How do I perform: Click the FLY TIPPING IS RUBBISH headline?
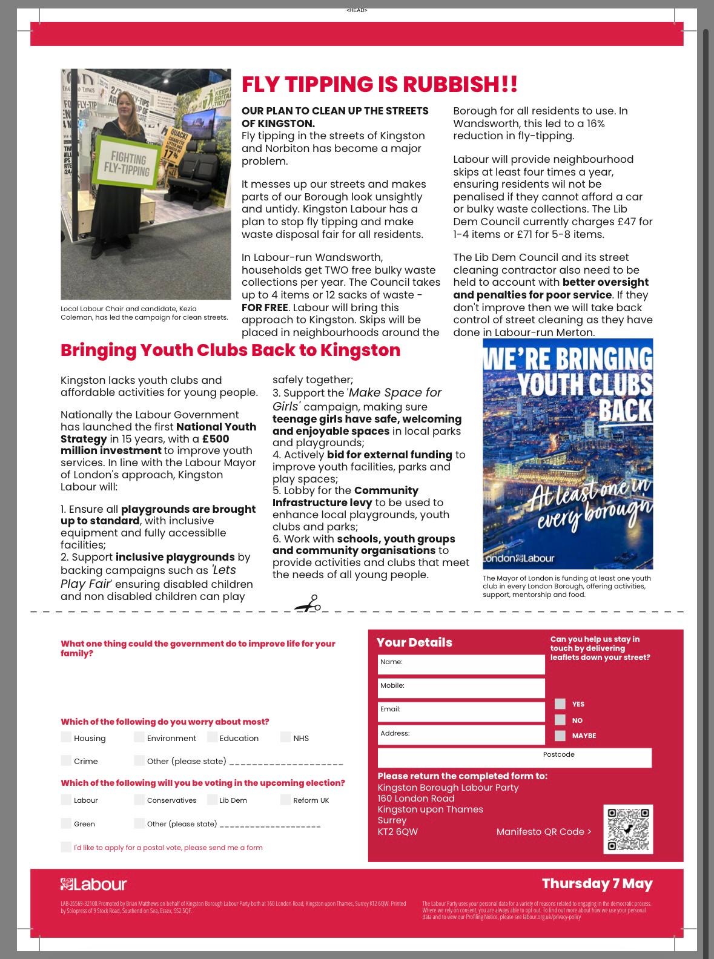pos(379,84)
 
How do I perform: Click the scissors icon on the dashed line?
pos(308,604)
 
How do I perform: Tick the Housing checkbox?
pos(66,737)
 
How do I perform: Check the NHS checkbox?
pos(285,737)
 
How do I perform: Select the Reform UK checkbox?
pos(285,800)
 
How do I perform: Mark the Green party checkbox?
pos(66,823)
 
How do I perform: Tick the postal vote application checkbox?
pos(66,847)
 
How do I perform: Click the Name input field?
pos(461,664)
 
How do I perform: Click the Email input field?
pos(461,711)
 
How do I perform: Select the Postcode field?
pos(514,757)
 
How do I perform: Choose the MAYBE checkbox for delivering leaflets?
pos(560,735)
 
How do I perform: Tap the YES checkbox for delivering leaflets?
pos(560,704)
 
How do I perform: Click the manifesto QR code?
pos(628,829)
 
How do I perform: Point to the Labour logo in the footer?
pos(94,885)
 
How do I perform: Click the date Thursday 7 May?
pos(597,883)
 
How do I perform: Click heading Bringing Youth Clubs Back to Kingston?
pos(230,350)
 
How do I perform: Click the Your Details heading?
pos(414,642)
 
